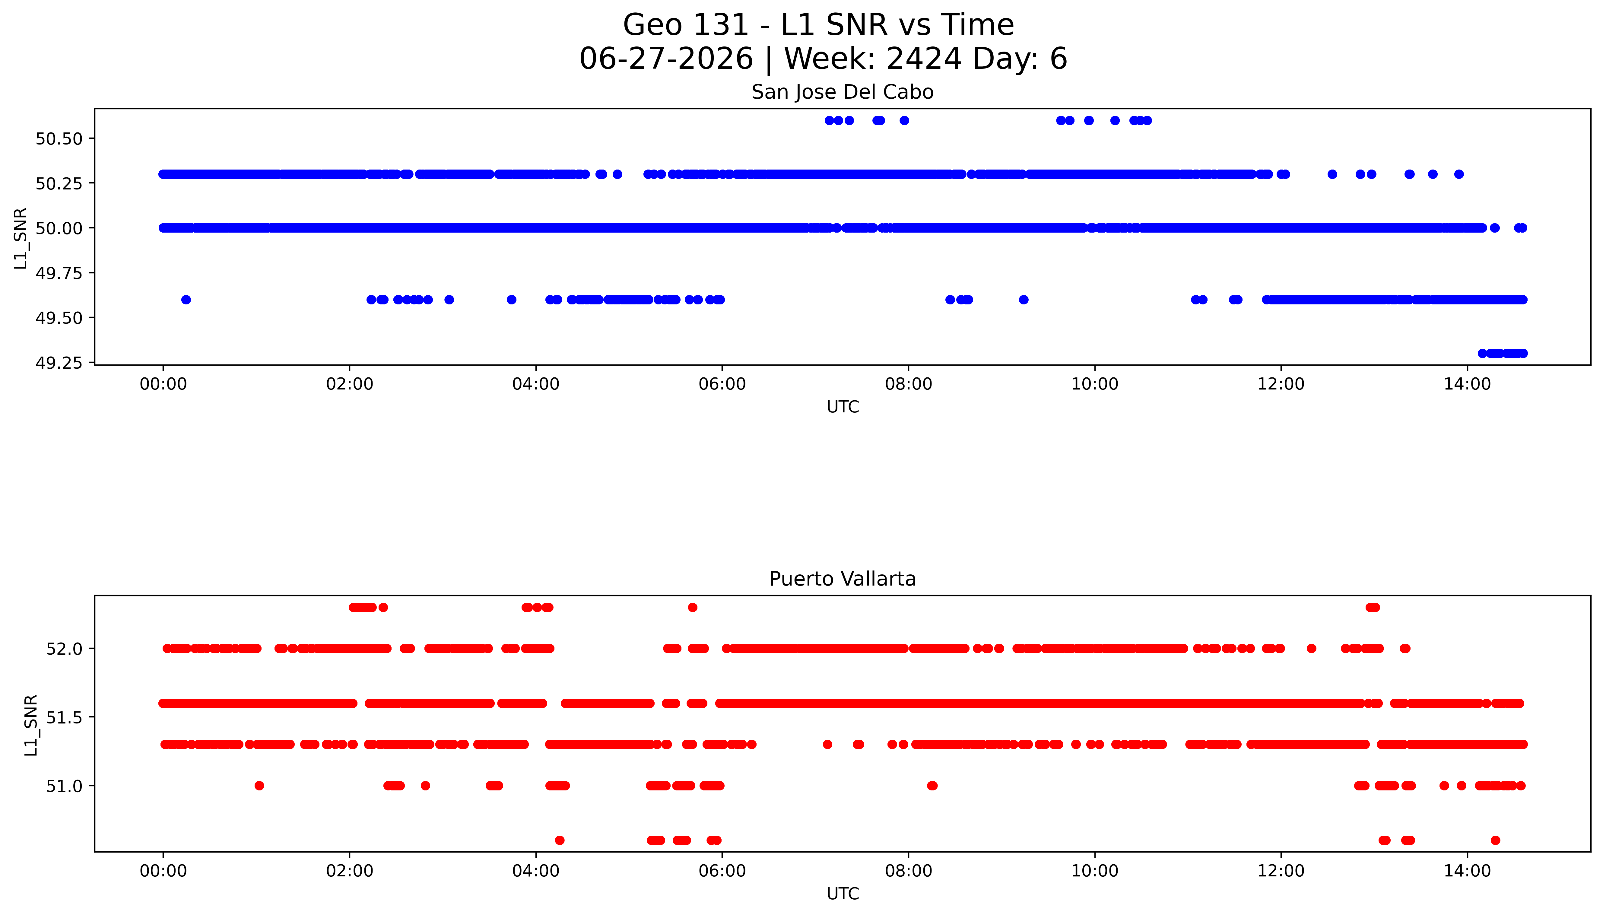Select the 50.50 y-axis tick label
59,139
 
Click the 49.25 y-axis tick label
59,363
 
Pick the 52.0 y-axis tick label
64,649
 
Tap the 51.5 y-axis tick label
64,717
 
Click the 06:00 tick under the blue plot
722,384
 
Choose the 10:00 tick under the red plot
1095,871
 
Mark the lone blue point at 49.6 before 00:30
186,300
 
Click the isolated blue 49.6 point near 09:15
1024,300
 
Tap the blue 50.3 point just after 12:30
1332,174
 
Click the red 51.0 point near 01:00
259,786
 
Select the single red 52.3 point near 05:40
693,607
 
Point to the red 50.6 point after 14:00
1496,840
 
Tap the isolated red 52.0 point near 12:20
1311,649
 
